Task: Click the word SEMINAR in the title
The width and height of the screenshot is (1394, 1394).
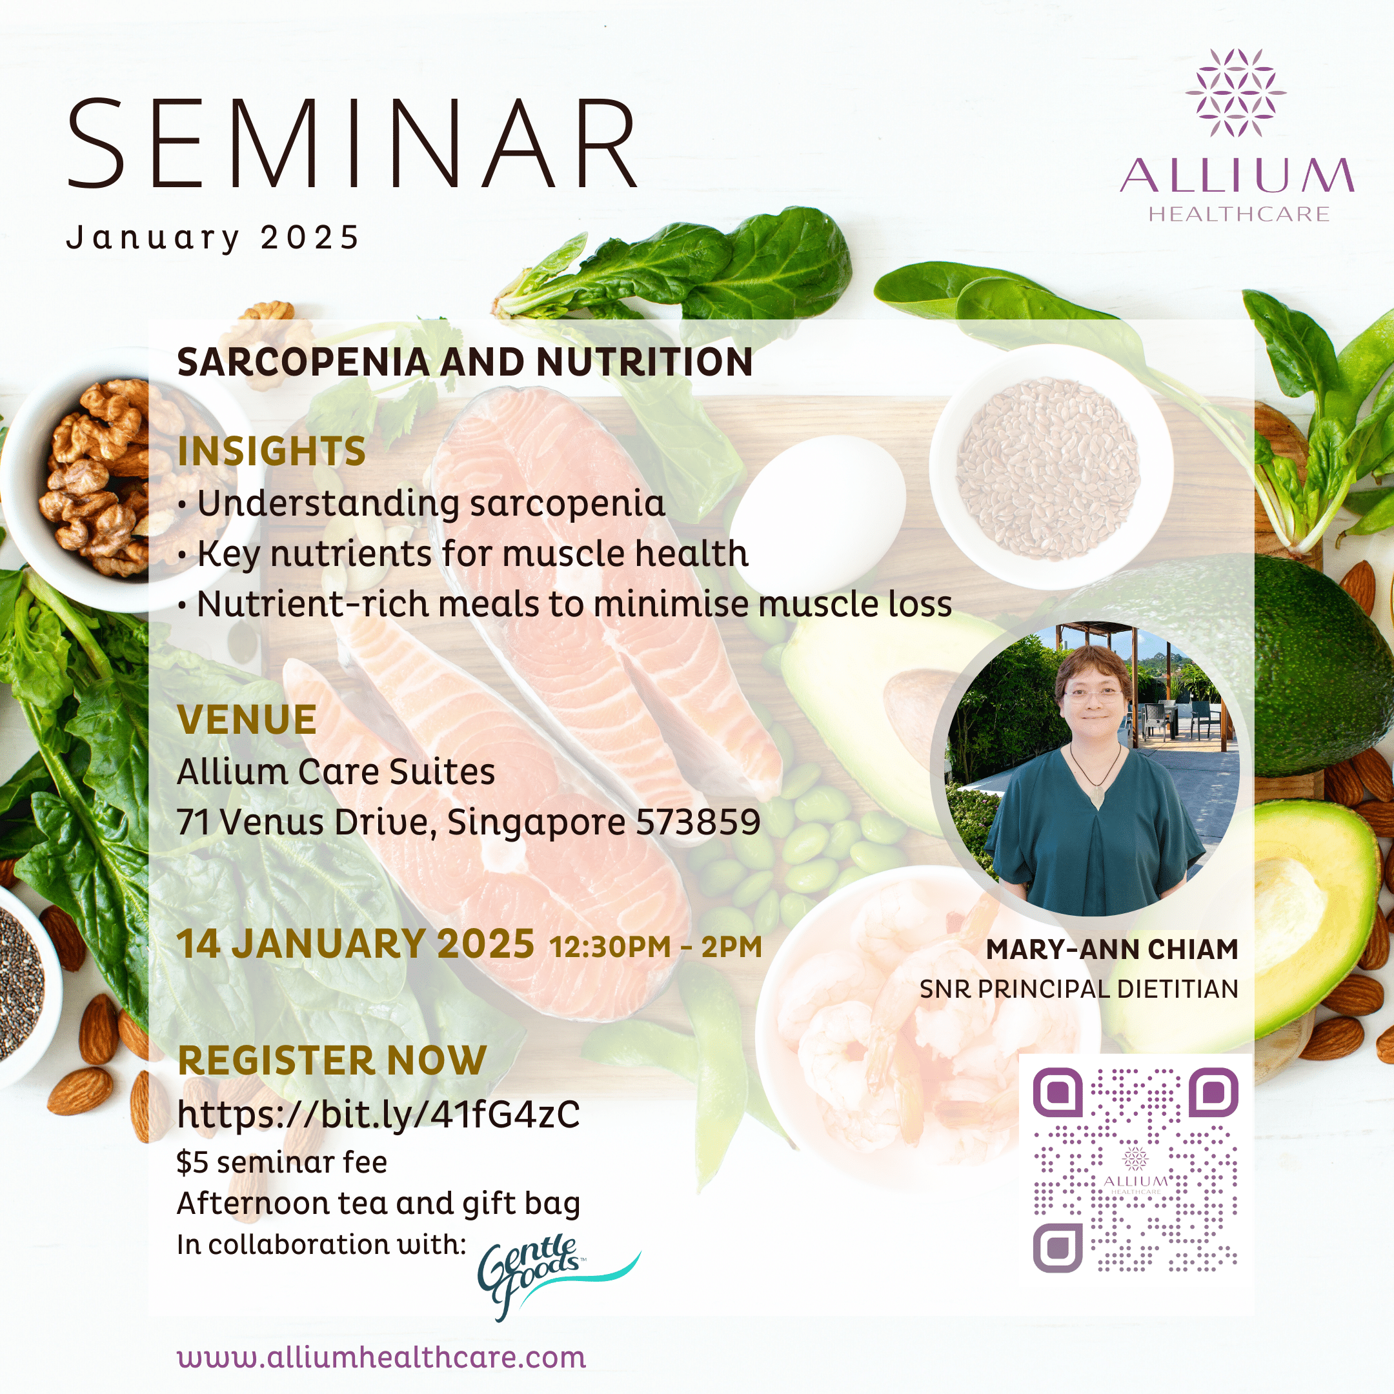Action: click(x=352, y=145)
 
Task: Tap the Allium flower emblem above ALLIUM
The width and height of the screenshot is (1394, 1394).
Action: click(x=1235, y=92)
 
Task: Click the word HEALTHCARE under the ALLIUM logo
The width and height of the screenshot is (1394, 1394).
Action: click(x=1239, y=214)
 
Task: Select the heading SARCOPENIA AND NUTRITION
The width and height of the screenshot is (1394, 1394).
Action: click(x=465, y=362)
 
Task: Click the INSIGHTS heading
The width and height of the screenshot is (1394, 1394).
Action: click(x=271, y=452)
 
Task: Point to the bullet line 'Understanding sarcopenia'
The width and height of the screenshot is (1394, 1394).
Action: click(x=430, y=503)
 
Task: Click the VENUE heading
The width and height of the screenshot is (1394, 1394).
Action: click(x=247, y=720)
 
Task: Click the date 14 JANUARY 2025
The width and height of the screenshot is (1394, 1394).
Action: click(x=356, y=944)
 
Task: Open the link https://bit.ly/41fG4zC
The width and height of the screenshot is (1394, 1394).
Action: click(x=378, y=1115)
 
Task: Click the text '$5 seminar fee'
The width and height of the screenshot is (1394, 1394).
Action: click(x=282, y=1162)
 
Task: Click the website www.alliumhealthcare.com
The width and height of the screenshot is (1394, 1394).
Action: click(x=381, y=1357)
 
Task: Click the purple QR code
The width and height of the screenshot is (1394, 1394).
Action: click(x=1136, y=1170)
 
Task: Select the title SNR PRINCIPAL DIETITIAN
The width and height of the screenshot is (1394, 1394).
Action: click(x=1078, y=989)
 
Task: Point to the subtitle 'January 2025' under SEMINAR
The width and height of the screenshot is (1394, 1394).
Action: click(x=213, y=238)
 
